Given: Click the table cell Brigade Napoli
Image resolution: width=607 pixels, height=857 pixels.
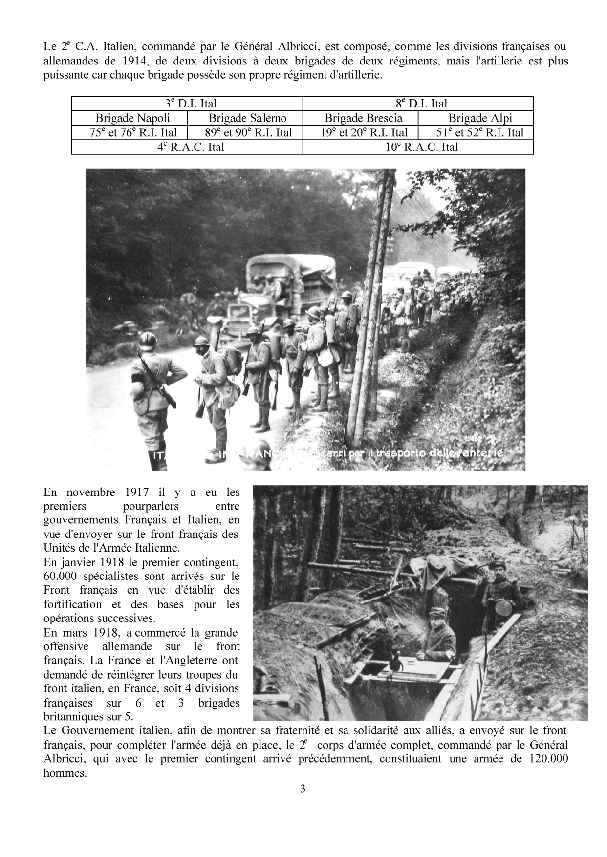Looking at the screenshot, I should point(129,118).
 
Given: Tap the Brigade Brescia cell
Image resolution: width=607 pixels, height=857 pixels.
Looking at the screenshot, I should point(361,118).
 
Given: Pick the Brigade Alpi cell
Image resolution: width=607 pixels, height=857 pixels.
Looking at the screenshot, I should point(476,118).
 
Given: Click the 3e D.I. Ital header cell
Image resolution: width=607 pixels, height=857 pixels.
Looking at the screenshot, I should point(187,104).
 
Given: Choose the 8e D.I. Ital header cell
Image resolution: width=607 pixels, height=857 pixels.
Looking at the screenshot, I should point(418,104).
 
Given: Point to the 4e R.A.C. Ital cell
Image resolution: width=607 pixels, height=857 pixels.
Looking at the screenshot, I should point(187,147).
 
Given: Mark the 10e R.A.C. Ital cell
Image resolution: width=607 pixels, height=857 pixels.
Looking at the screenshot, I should point(418,147).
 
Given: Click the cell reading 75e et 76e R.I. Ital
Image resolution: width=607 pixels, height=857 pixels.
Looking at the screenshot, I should point(129,133).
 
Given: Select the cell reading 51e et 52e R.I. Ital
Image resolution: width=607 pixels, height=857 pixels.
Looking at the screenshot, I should point(476,133).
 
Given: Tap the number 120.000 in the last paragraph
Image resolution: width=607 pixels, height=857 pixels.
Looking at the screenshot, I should point(547,759).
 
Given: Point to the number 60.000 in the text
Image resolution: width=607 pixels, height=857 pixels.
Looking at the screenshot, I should point(63,576).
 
